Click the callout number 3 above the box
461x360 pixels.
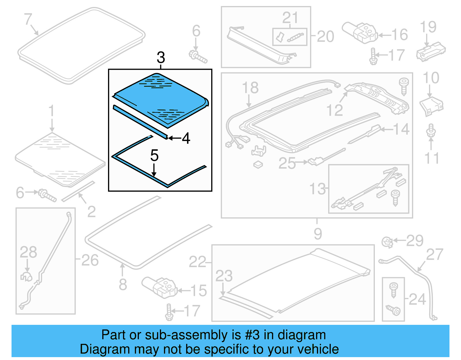[x=161, y=58]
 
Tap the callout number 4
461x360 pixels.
[x=186, y=138]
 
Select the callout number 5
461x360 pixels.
[x=154, y=156]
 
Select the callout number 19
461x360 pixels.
[x=428, y=27]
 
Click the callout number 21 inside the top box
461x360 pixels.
[x=290, y=18]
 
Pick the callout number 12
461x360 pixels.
[x=335, y=110]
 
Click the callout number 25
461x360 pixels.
[x=287, y=163]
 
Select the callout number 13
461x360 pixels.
[x=317, y=189]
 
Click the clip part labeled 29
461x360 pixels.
[x=387, y=242]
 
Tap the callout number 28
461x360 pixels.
[x=28, y=252]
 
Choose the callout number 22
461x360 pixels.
[x=197, y=262]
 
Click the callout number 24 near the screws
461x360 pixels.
[x=417, y=299]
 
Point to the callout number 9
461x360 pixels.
[x=318, y=234]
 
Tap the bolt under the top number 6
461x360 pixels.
[x=198, y=56]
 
